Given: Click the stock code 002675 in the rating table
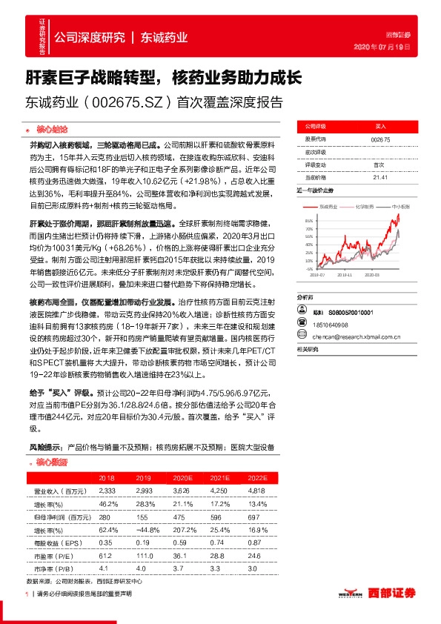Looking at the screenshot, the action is [379, 139].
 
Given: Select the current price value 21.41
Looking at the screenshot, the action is [380, 177].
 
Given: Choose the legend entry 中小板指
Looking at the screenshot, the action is [401, 205].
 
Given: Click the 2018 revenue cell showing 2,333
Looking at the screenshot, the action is [107, 491].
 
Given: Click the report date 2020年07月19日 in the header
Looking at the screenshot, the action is [398, 47].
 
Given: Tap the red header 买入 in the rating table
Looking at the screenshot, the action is [380, 127].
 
